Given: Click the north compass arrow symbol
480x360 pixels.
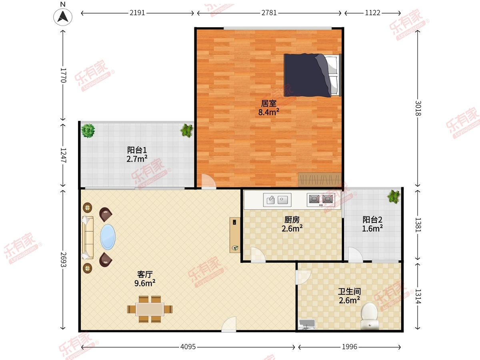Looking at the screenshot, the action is [63, 17].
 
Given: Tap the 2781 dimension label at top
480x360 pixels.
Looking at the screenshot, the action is [269, 13].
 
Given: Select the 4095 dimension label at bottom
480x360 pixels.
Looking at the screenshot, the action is [188, 347].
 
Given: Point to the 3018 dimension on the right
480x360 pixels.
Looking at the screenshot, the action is [418, 108].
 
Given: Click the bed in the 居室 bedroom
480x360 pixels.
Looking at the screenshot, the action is [312, 75].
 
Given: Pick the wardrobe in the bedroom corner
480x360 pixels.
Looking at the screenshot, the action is [320, 180].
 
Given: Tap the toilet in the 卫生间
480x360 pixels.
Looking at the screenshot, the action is [369, 316].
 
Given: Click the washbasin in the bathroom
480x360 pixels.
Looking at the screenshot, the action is [307, 324].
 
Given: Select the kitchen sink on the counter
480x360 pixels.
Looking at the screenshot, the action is [277, 200].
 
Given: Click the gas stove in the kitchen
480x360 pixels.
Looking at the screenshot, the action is [320, 200].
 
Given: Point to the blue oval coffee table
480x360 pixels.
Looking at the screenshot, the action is [108, 237].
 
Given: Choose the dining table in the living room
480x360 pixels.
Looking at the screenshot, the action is [150, 309].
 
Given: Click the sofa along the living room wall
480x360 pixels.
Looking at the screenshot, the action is [88, 238].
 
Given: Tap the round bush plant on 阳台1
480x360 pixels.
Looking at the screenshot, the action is [88, 131].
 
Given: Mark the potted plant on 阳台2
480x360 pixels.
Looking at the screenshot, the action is [394, 197].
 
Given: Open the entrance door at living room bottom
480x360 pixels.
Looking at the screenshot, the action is [229, 324].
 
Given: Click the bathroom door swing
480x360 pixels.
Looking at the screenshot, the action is [303, 277].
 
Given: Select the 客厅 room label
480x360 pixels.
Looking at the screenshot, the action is [145, 274].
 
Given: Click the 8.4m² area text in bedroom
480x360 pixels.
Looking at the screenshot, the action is [268, 112].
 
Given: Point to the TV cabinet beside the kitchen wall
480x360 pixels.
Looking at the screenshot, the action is [235, 235].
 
